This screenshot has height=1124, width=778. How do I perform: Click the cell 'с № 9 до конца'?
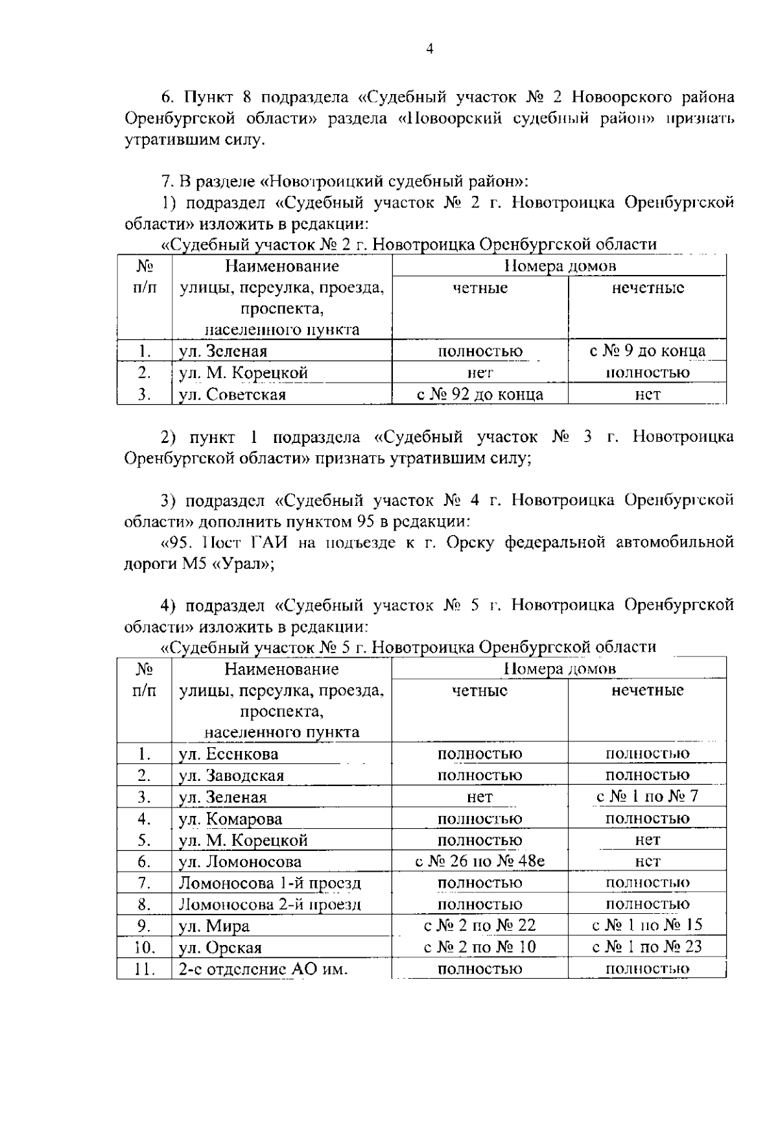point(647,352)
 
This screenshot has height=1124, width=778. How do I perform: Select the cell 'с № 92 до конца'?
point(480,394)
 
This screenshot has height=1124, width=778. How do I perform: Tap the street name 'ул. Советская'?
point(232,395)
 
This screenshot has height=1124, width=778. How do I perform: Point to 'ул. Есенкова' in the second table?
point(228,754)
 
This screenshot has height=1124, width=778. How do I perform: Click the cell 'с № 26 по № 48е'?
point(480,862)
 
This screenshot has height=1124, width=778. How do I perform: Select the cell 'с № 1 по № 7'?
point(647,796)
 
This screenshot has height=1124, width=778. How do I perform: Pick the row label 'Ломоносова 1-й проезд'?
point(270,883)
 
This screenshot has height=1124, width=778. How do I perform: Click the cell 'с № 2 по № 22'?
point(480,926)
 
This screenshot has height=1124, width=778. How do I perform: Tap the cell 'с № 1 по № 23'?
point(647,947)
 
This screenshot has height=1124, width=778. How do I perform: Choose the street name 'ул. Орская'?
point(220,948)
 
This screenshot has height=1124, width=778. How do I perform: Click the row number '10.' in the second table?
point(144,948)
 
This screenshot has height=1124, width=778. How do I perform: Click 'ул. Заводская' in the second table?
point(231,776)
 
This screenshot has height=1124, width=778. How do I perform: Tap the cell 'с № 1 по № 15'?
point(647,926)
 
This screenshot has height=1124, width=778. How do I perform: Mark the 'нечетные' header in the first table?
point(647,288)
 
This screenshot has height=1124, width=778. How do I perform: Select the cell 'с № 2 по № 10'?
point(480,947)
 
